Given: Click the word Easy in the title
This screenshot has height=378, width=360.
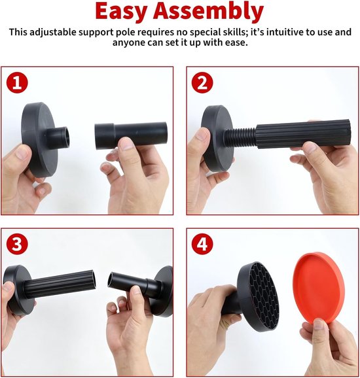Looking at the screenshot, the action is tap(121, 11).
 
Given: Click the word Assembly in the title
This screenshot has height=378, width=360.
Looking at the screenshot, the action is tap(208, 11).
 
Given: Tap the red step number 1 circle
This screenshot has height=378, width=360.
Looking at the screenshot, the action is tap(17, 82).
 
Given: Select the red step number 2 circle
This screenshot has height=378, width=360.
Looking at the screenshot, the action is tap(202, 82).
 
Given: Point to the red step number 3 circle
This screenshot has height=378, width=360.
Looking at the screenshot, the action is tap(17, 244).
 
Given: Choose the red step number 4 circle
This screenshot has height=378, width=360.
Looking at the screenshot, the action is tap(202, 244).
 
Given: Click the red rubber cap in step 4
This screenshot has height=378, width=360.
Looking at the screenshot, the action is tap(318, 289).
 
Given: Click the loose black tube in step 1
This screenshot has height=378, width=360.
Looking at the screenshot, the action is tap(131, 135).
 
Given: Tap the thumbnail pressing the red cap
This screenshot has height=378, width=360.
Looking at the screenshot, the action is tap(319, 324).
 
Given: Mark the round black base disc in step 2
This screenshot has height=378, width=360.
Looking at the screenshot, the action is tap(217, 139).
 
